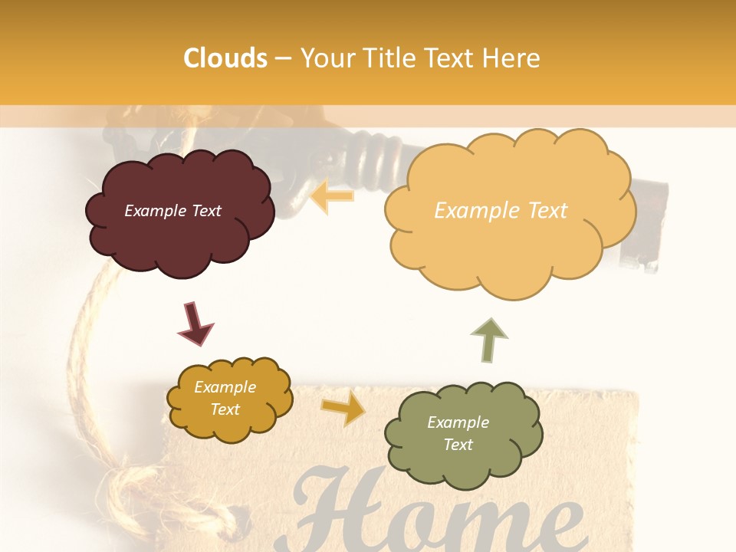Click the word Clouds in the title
coord(225,58)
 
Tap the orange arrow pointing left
coord(333,196)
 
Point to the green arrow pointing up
coord(488,341)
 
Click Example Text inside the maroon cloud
coord(172,211)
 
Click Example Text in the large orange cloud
coord(501,211)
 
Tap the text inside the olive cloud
coord(458,433)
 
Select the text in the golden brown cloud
coord(225,399)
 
